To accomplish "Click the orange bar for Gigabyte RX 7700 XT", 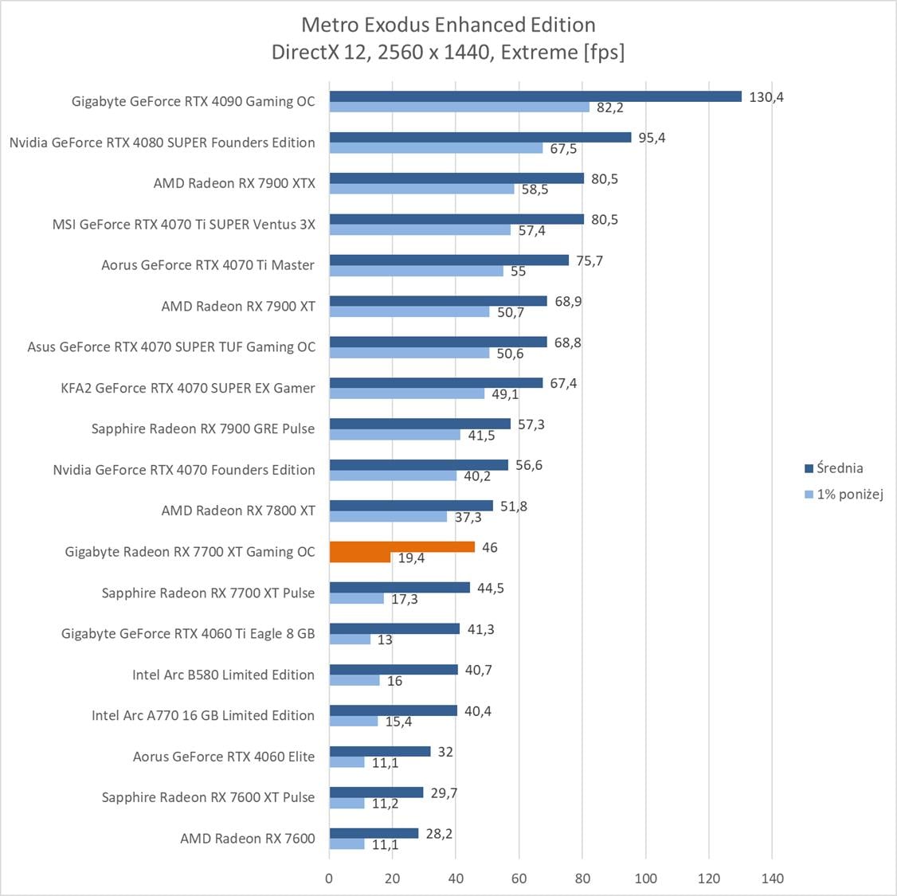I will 401,547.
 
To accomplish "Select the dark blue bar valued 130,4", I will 535,96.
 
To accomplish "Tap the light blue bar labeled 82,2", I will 459,108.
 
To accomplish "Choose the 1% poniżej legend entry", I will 849,495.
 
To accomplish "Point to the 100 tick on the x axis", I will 645,878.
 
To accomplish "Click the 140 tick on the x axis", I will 772,878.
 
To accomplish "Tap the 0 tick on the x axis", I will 329,878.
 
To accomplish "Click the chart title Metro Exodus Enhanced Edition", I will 448,25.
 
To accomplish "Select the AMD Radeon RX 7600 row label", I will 247,838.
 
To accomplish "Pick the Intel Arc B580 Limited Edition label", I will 223,675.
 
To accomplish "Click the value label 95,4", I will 652,138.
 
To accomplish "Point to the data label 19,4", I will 411,558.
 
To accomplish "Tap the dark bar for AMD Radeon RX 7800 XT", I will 411,506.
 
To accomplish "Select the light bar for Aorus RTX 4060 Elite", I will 347,762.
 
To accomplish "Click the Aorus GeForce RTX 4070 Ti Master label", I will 208,265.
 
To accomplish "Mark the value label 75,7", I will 590,260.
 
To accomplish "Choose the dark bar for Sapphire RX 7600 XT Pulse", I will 376,792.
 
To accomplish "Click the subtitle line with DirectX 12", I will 448,53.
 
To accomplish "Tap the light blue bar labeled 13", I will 350,640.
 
